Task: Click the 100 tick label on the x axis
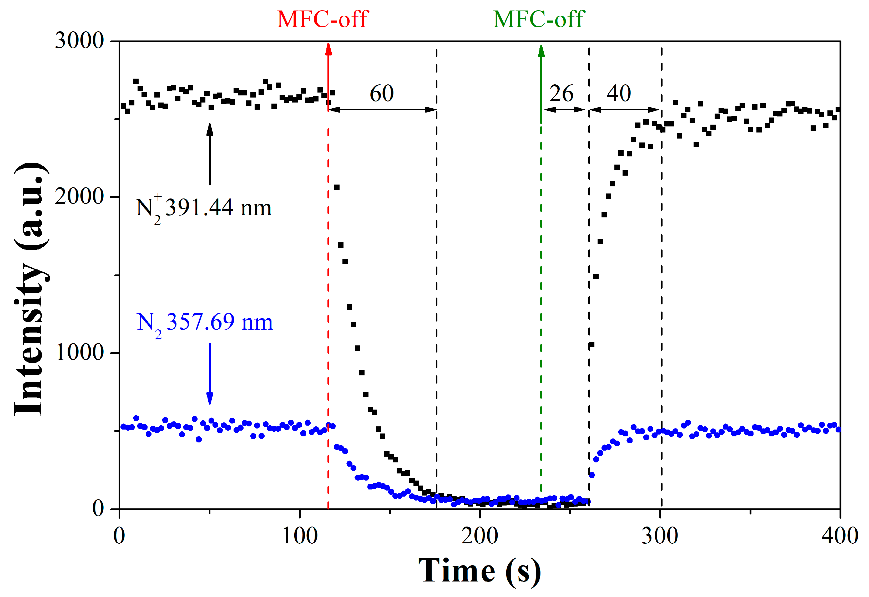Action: point(300,536)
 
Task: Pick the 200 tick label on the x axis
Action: point(480,536)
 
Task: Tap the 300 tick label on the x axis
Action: point(660,536)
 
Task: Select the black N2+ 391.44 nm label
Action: point(203,209)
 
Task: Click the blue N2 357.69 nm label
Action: point(205,323)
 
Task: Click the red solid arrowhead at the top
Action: point(328,50)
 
